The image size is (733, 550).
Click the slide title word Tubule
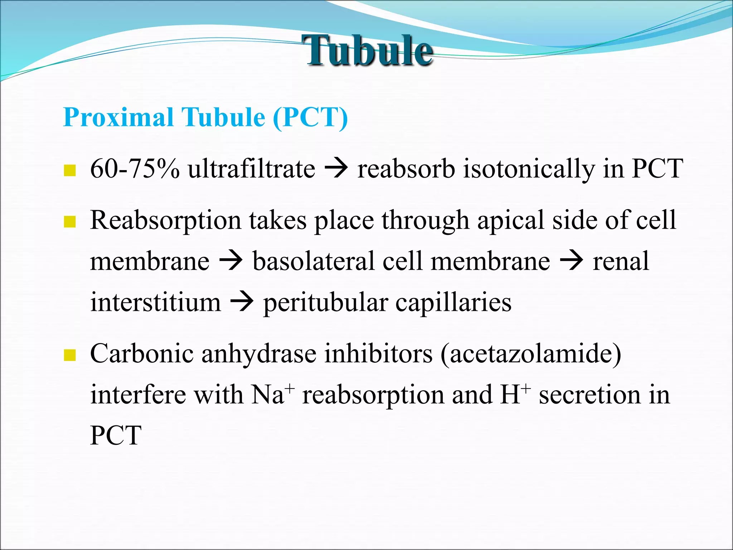tap(369, 50)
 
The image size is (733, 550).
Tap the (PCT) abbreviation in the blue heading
tap(310, 117)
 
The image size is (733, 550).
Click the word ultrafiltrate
tap(252, 169)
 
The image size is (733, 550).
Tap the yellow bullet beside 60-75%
tap(70, 170)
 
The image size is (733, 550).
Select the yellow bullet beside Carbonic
tap(70, 355)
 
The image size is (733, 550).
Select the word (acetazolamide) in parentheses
tap(531, 354)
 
